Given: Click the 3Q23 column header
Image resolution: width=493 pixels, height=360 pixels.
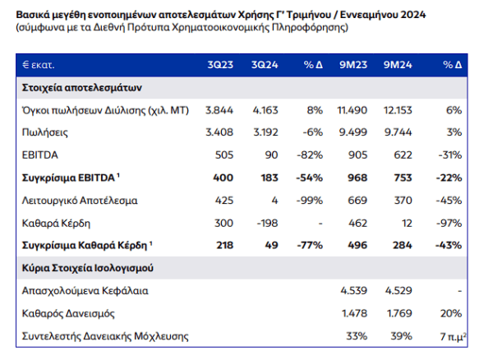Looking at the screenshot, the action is (220, 65).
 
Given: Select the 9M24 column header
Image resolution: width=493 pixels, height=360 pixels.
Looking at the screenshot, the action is (398, 65).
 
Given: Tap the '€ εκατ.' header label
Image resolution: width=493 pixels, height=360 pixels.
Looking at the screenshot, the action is (39, 65).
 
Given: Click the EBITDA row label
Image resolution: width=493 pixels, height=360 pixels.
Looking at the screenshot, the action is (40, 155).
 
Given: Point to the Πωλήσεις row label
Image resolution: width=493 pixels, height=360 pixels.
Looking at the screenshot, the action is (44, 132).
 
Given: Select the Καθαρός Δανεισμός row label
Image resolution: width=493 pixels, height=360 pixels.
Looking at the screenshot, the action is (68, 313).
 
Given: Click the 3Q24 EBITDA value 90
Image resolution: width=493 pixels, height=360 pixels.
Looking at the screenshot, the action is (271, 155).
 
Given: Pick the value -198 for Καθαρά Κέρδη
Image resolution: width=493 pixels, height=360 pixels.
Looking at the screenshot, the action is (268, 223).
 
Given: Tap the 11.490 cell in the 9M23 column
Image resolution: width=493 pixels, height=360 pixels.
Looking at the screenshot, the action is (352, 110).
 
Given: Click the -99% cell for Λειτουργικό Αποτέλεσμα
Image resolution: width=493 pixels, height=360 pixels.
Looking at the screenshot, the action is (310, 201).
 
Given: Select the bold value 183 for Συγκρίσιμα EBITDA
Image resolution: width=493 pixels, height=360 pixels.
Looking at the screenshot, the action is (270, 178).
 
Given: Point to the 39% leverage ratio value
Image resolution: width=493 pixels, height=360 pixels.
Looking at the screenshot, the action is (401, 336).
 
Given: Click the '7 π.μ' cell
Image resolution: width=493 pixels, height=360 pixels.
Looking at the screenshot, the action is (453, 336).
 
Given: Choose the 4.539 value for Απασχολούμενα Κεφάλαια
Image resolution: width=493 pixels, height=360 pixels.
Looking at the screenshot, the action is (353, 290).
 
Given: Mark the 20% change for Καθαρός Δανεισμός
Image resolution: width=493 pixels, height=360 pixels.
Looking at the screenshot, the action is (451, 313).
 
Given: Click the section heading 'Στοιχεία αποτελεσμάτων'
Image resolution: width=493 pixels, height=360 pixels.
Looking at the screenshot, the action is (81, 87).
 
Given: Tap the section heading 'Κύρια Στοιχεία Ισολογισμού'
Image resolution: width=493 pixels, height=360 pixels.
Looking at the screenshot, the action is (88, 268).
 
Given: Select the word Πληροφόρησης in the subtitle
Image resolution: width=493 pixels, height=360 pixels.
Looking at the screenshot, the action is (310, 27).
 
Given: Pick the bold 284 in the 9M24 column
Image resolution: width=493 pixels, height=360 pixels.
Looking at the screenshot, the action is (403, 245).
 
